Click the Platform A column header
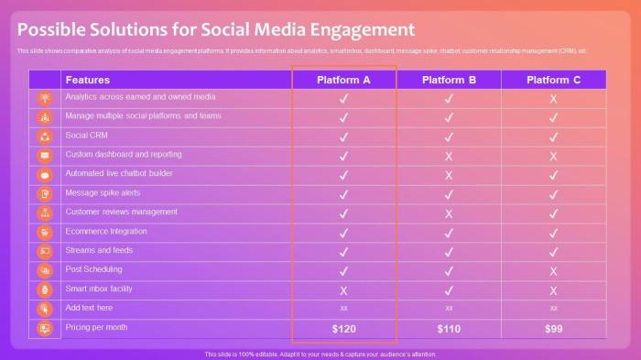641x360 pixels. pos(343,80)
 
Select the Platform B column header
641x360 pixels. pos(449,80)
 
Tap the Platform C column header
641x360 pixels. pos(553,80)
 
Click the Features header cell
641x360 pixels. pos(88,80)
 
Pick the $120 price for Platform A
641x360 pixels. pos(343,328)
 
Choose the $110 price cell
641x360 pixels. pos(449,328)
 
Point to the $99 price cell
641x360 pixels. pos(553,328)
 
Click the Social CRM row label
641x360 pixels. pos(87,135)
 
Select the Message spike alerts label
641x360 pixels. pos(103,192)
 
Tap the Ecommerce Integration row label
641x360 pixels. pos(106,231)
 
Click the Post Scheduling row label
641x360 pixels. pos(93,269)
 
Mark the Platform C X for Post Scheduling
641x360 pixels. pos(553,271)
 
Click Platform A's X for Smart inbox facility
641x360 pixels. pos(343,290)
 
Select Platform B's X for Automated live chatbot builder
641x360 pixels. pos(449,175)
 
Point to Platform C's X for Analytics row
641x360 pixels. pos(553,98)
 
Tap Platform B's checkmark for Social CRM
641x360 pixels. pos(449,136)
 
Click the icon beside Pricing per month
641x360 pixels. pos(45,328)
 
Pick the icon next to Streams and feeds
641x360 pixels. pos(45,251)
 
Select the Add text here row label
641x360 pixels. pos(89,308)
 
